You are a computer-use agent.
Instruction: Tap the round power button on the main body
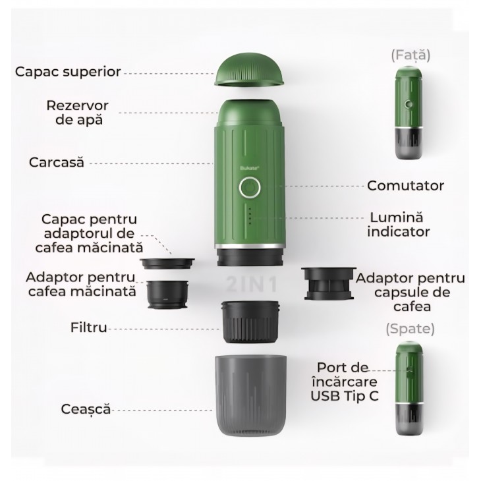[x=249, y=189]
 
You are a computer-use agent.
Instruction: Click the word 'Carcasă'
[x=56, y=162]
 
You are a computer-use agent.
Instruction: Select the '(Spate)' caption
[x=410, y=327]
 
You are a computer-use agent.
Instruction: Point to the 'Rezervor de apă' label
[x=77, y=113]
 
